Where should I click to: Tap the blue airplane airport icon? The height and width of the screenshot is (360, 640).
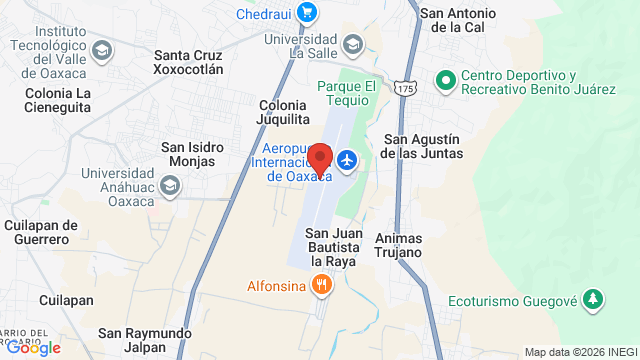coord(347,160)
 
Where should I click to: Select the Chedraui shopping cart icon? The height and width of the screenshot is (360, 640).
coord(306,14)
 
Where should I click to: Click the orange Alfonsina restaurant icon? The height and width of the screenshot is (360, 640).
coord(320,284)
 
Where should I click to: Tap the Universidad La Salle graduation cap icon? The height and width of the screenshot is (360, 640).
coord(352,44)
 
